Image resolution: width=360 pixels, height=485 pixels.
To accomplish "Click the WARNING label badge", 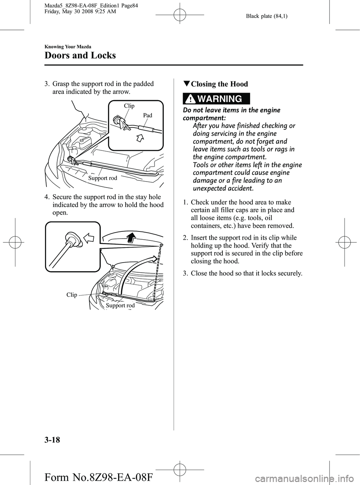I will (x=216, y=99).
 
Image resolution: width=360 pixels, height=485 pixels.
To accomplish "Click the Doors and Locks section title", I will (x=80, y=56).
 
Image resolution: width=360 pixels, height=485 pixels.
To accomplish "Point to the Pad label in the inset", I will (x=147, y=116).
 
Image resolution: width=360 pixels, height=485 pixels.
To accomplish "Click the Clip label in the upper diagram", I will (x=129, y=106).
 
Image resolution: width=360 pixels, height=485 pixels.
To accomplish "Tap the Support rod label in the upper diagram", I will (x=103, y=178).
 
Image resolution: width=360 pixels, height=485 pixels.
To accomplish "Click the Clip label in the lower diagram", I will (x=72, y=295).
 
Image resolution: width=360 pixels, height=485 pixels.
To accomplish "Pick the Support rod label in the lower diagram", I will (x=120, y=306).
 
